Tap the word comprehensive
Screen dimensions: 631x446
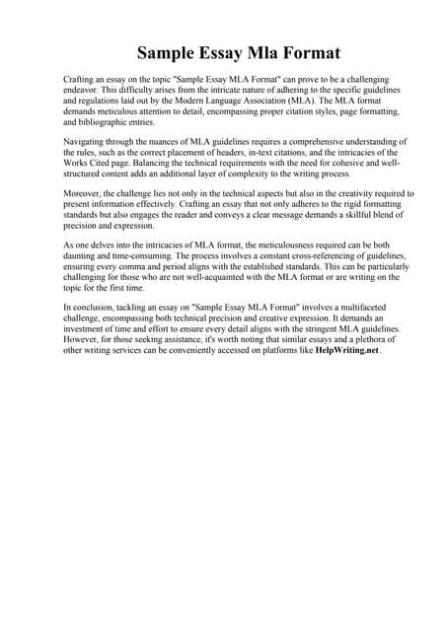(x=289, y=142)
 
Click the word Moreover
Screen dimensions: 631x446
(x=84, y=195)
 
